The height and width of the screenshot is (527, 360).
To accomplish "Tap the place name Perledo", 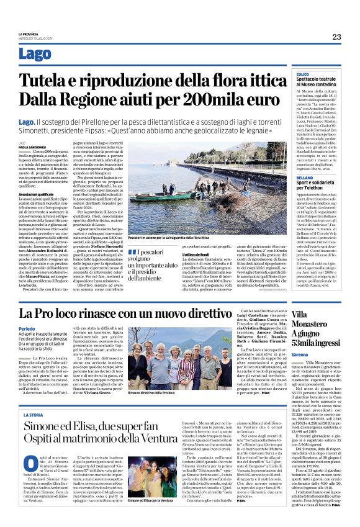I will tap(27, 329).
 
